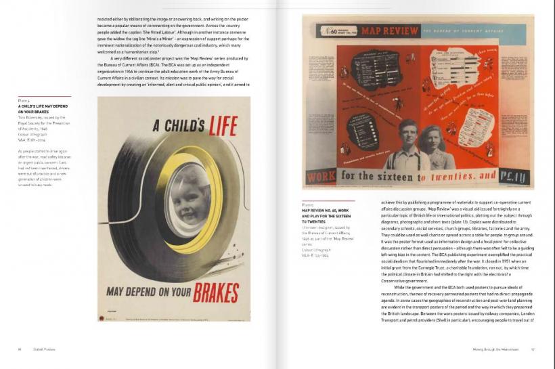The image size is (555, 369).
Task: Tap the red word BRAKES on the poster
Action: [216, 292]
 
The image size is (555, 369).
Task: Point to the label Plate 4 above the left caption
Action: [24, 101]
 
